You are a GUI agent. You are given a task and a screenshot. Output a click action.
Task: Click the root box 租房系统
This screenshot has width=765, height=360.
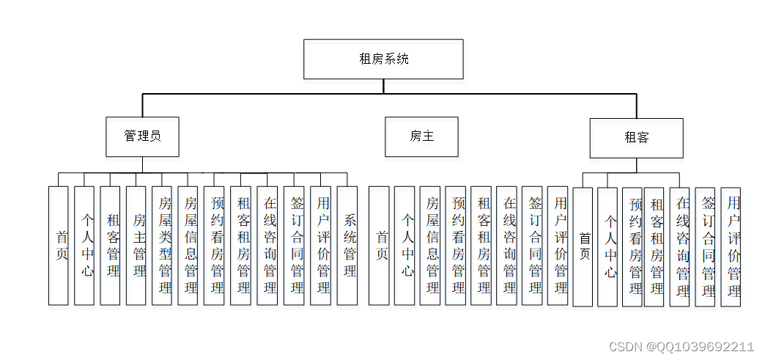383,59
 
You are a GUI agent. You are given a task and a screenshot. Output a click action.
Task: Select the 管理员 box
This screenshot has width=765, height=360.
142,136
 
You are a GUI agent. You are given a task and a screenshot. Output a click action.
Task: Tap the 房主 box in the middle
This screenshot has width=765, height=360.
421,136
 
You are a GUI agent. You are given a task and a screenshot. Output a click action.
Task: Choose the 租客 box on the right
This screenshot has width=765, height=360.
636,137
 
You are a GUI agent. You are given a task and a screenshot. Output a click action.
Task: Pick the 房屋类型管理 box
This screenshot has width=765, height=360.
162,245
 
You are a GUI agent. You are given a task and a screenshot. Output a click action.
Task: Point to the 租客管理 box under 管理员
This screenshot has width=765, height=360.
110,245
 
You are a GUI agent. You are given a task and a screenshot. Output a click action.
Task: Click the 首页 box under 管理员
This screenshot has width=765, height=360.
59,245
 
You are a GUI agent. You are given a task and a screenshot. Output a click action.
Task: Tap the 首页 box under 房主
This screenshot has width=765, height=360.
379,245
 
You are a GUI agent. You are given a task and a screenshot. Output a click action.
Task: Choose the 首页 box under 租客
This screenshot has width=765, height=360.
583,246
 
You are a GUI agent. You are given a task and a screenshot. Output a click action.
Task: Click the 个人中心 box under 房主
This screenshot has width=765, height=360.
404,245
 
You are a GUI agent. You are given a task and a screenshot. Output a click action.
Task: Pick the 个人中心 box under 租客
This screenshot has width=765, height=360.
607,246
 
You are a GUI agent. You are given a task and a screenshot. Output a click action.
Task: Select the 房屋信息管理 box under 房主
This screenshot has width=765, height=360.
430,245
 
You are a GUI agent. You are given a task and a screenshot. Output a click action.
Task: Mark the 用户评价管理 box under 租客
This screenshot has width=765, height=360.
731,246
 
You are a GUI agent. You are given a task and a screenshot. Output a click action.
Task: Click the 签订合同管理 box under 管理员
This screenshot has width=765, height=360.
294,245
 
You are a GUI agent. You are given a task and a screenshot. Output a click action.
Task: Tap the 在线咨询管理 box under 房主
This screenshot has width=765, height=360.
506,245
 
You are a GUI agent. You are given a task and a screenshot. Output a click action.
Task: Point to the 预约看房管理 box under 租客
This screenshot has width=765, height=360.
632,246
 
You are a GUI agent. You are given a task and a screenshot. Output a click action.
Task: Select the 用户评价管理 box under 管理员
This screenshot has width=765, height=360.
320,245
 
